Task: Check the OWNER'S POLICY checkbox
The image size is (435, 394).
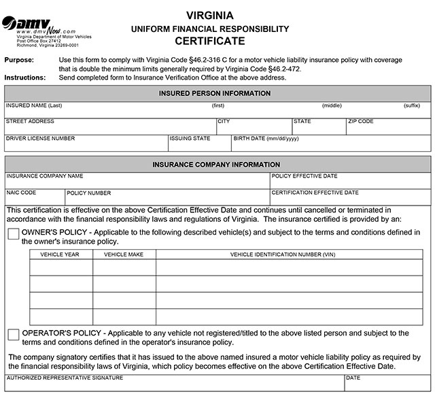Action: click(14, 234)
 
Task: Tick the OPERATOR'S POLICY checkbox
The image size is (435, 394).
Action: click(14, 335)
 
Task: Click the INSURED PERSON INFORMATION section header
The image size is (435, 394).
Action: click(217, 93)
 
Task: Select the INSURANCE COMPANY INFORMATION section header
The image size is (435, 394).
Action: click(217, 165)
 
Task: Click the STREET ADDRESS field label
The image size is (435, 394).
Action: click(30, 122)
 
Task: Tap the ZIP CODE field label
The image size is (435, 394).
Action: click(361, 122)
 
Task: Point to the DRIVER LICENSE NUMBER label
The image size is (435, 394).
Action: click(40, 139)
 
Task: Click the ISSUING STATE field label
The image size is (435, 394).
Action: click(191, 139)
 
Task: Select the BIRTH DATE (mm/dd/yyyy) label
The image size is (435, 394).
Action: click(266, 139)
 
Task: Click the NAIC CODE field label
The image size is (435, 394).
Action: click(21, 193)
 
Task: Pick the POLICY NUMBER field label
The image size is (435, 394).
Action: click(89, 193)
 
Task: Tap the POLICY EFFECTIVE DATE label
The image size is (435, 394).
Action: click(304, 176)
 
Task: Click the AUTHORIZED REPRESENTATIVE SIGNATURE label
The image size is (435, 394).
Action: click(65, 378)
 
